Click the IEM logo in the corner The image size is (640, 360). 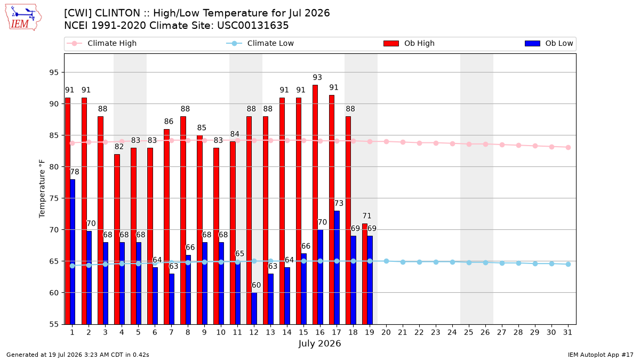(23, 18)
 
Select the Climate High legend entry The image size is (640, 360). (101, 43)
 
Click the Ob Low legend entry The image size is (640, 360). (549, 43)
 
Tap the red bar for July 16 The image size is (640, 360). (315, 205)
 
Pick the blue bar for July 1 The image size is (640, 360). (73, 252)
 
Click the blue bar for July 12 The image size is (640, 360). (254, 309)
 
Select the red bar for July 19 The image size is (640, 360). (365, 274)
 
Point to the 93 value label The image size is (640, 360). (317, 77)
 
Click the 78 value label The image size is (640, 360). (75, 172)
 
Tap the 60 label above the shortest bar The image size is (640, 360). (256, 285)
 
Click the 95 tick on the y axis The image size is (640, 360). (54, 73)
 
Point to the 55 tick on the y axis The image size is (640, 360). (54, 324)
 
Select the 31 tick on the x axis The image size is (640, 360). (567, 333)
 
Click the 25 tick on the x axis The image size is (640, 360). (469, 333)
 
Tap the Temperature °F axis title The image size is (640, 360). (42, 189)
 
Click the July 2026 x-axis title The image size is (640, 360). (319, 343)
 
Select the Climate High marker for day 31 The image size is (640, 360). (568, 147)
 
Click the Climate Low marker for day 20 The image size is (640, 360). (386, 261)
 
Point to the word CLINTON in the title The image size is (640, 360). (117, 13)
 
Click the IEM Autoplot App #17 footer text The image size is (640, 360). (601, 355)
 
